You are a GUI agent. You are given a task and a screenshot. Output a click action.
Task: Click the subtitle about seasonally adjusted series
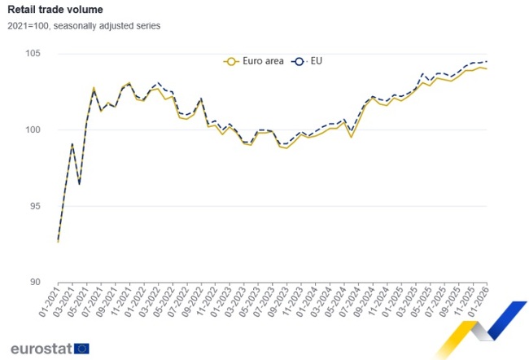[84, 25]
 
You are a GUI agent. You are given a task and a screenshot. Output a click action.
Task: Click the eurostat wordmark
[40, 349]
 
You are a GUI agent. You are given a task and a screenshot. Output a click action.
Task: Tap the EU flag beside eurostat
[81, 349]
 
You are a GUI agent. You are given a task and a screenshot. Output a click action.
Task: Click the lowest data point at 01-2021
[59, 241]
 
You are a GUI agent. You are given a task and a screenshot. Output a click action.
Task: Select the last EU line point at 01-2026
[487, 62]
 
